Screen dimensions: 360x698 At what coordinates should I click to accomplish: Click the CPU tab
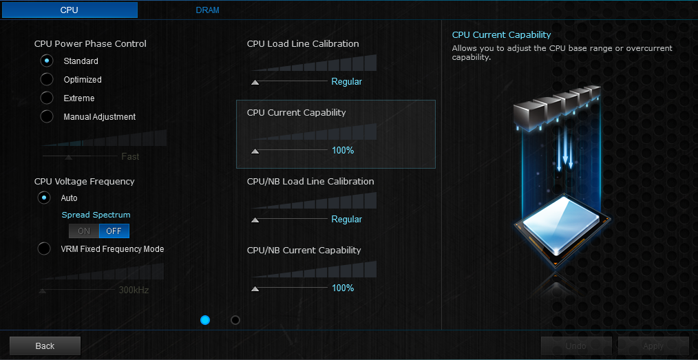(70, 10)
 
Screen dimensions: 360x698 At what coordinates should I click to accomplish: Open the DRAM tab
(207, 10)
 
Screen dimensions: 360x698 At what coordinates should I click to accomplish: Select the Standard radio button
(47, 61)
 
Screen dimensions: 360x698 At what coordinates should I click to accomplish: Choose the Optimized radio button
(47, 79)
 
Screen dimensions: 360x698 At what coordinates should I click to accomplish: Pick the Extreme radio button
(47, 98)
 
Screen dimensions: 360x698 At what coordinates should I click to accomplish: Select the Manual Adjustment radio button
(47, 116)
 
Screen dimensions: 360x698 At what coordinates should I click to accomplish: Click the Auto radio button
(45, 198)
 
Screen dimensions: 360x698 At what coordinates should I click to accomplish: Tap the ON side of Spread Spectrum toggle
(84, 231)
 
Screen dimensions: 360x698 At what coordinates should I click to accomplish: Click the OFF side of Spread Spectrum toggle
(114, 231)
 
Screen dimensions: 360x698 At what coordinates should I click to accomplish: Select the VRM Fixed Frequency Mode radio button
(45, 248)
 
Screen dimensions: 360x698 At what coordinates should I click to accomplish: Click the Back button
(45, 346)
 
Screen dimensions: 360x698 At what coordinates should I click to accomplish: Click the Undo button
(576, 346)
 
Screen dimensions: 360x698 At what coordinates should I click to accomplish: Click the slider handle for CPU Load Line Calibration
(255, 82)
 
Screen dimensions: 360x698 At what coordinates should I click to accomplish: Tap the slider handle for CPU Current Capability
(255, 151)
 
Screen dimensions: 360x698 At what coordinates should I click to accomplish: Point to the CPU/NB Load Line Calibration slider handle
(255, 220)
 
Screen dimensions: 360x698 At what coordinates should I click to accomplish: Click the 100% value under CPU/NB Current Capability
(343, 288)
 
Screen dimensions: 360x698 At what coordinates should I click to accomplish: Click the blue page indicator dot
(205, 320)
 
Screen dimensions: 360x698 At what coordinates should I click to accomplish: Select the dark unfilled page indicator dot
(235, 320)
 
